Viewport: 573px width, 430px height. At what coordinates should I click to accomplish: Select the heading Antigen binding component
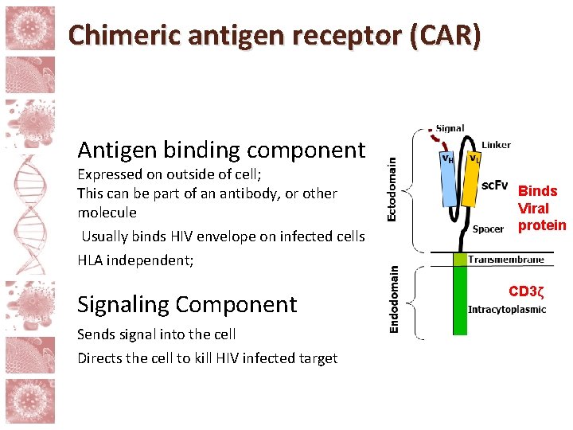[x=221, y=150]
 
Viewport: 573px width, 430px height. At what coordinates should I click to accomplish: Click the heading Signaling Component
[x=187, y=304]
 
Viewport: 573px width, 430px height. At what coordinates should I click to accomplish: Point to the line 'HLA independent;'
[x=135, y=260]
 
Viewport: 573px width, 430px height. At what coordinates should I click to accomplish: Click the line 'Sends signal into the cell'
[x=157, y=334]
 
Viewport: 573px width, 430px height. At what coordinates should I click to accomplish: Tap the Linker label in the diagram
[x=497, y=145]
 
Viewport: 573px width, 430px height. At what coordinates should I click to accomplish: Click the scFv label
[x=496, y=186]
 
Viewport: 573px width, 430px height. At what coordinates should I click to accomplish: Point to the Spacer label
[x=488, y=229]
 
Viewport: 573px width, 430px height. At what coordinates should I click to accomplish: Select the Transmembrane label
[x=506, y=260]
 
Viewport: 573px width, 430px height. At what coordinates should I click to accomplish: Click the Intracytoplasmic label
[x=507, y=310]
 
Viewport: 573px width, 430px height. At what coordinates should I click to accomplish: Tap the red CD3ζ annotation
[x=526, y=291]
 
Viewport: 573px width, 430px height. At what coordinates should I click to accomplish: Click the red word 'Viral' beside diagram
[x=533, y=209]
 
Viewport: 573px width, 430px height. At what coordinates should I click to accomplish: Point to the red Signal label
[x=450, y=129]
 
